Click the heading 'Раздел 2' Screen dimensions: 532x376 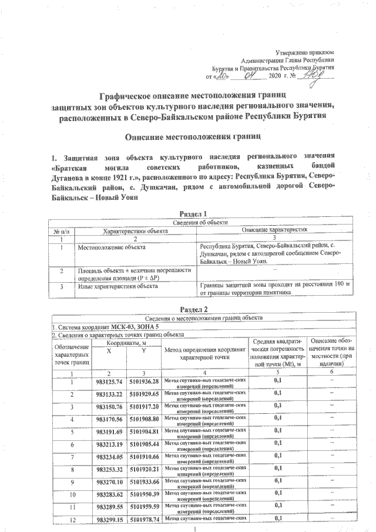(x=193, y=309)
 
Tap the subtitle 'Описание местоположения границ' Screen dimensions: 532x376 (x=193, y=137)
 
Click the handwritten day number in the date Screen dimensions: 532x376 (x=221, y=75)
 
